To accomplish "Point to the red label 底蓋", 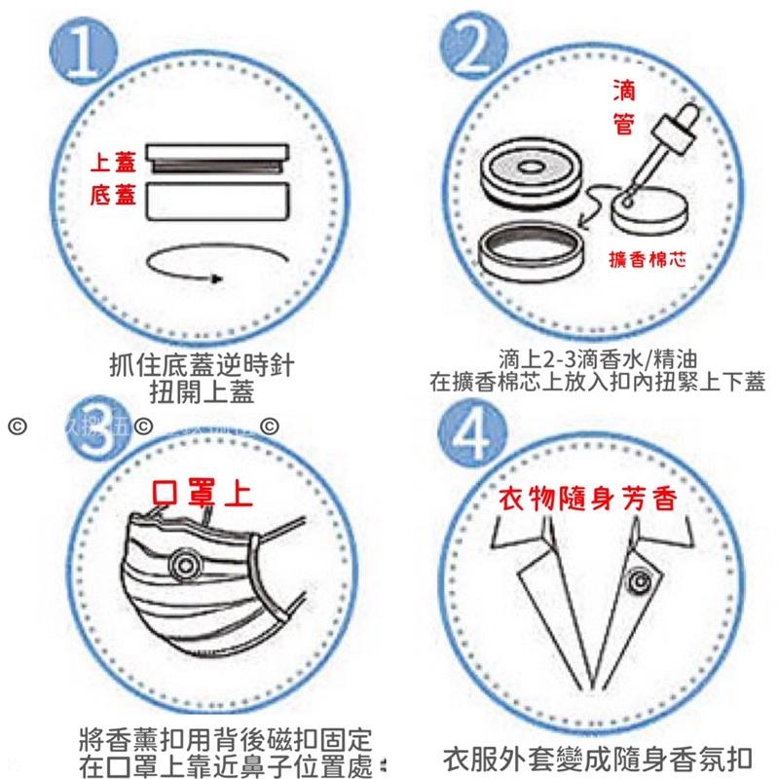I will pos(113,198).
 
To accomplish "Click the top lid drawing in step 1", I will pos(218,158).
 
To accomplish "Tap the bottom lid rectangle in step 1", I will pos(218,203).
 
